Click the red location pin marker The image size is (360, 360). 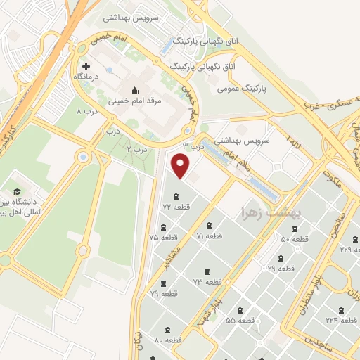[x=181, y=166]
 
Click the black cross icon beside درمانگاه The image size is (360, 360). [x=86, y=66]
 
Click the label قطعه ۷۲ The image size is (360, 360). [x=176, y=207]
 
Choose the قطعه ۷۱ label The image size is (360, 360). [x=210, y=236]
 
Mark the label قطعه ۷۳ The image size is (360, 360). [x=207, y=281]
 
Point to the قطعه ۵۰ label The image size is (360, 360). [x=295, y=240]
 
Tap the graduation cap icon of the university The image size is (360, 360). [x=16, y=191]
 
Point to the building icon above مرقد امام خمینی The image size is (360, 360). [x=134, y=90]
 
